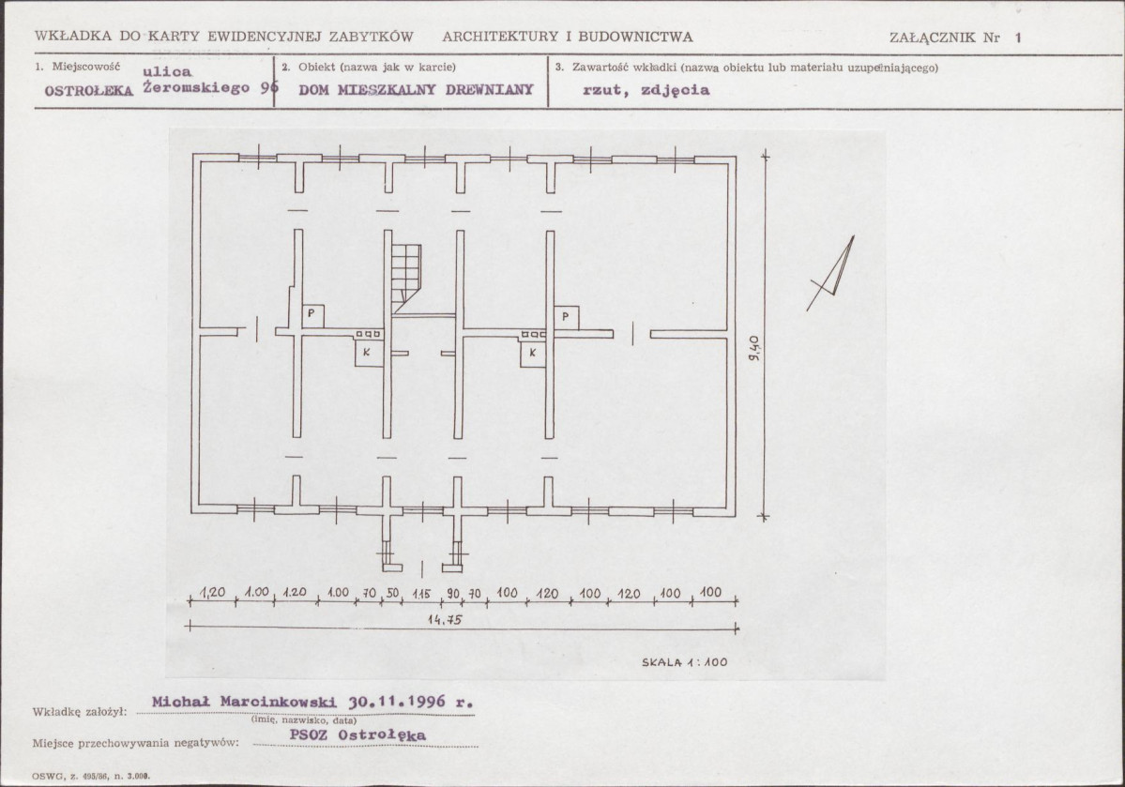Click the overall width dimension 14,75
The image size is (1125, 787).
click(x=444, y=620)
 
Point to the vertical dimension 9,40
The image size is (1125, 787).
click(x=753, y=349)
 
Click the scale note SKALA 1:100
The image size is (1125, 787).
click(x=684, y=662)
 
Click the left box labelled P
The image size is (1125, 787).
click(x=312, y=316)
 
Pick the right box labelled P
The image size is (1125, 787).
click(x=566, y=317)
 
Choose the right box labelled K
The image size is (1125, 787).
click(x=533, y=353)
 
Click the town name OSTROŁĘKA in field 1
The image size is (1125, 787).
click(x=89, y=91)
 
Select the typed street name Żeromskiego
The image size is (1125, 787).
click(x=197, y=88)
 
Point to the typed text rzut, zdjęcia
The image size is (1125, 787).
click(x=646, y=90)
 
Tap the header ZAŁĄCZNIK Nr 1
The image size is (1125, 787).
click(x=955, y=38)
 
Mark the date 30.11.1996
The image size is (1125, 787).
click(x=397, y=701)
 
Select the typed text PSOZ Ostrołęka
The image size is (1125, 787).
click(x=357, y=734)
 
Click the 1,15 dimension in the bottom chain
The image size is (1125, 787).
click(x=421, y=594)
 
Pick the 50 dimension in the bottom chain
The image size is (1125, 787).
click(x=392, y=594)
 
